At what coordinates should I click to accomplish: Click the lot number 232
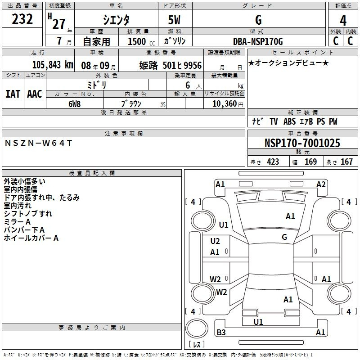pos(22,19)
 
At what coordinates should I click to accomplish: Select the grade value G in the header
pos(258,20)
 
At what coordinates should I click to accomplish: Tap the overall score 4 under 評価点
pos(343,21)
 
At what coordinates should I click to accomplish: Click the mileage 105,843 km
pos(53,65)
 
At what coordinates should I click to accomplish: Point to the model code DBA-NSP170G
pos(258,41)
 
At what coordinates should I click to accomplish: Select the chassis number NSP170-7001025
pos(302,143)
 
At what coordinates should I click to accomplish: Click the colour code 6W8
pos(74,104)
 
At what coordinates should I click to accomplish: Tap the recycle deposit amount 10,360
pos(225,103)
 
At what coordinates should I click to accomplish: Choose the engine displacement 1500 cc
pos(141,41)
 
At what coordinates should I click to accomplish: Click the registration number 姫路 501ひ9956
pos(171,66)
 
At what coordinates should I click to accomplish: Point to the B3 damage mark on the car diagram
pos(221,332)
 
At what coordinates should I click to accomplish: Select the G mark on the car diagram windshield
pos(284,237)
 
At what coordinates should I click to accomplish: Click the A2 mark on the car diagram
pos(321,184)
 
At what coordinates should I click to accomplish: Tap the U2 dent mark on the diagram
pos(215,241)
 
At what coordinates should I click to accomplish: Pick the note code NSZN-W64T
pos(38,143)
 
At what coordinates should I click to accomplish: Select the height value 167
pos(346,162)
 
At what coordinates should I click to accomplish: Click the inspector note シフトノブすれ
pos(28,213)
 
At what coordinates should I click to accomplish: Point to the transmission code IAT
pos(13,94)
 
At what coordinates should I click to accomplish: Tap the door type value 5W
pos(174,20)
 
